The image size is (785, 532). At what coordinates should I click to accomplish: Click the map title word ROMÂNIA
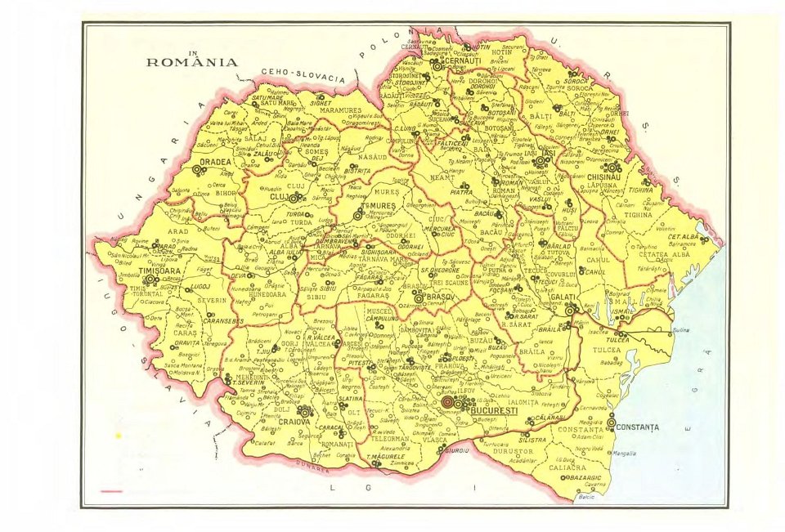pyautogui.click(x=192, y=62)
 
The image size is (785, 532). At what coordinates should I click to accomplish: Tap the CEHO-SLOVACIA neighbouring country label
pyautogui.click(x=303, y=75)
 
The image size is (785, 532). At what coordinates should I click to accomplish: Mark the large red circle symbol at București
pyautogui.click(x=447, y=402)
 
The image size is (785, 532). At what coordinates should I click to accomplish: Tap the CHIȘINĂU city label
pyautogui.click(x=605, y=177)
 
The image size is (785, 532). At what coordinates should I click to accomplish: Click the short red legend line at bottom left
pyautogui.click(x=110, y=491)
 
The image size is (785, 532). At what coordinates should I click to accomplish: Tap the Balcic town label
pyautogui.click(x=585, y=497)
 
